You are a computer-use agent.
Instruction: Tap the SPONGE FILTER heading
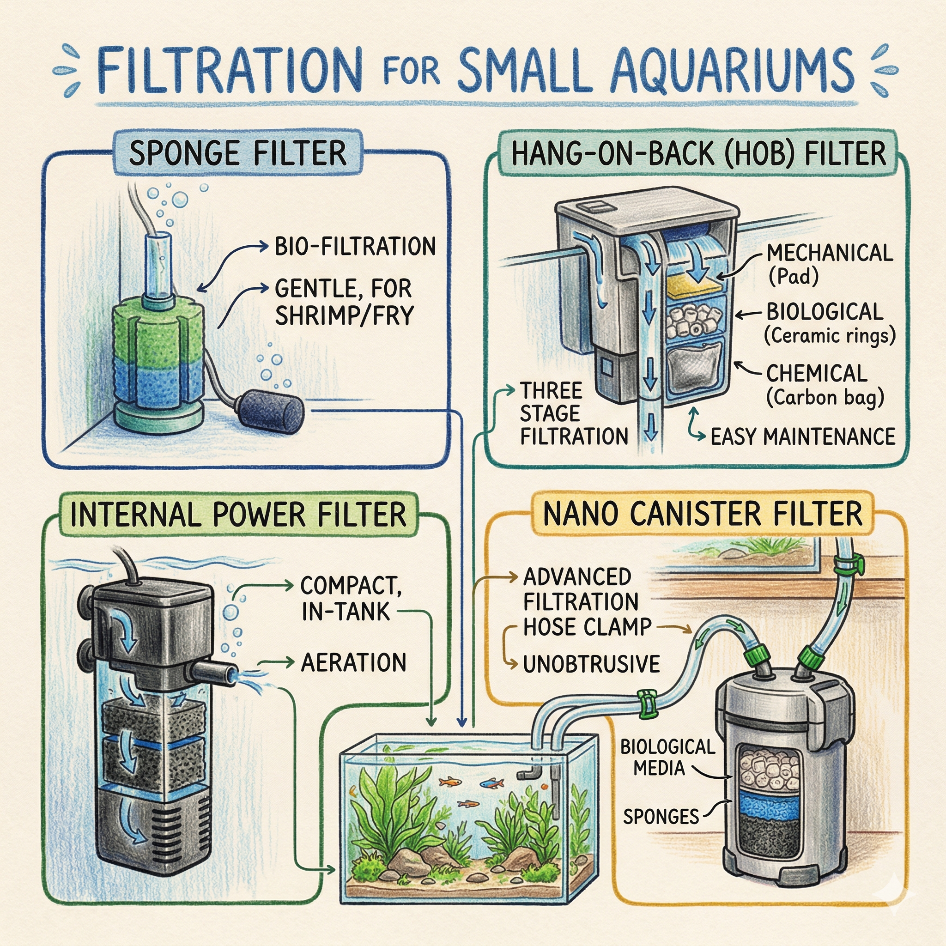coord(237,153)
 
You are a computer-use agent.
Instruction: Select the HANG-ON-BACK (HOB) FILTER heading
coord(699,153)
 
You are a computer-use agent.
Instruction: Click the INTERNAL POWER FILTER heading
coord(238,515)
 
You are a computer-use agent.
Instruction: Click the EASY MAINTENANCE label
coord(802,436)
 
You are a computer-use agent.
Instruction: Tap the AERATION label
coord(353,663)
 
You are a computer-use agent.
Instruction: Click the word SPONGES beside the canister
coord(661,816)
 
